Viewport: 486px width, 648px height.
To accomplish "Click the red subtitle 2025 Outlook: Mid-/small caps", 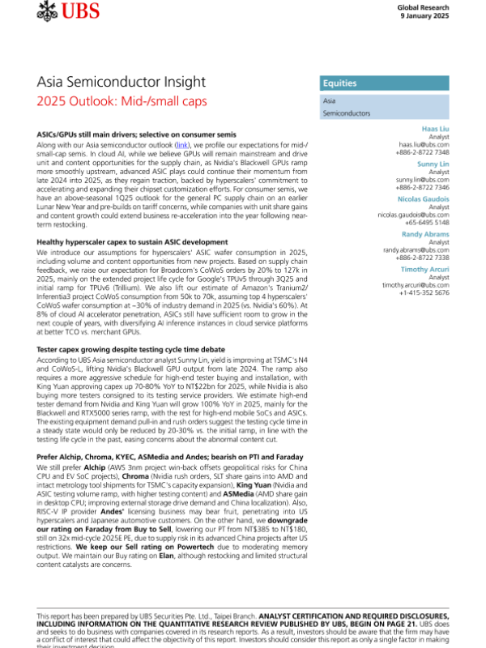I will pyautogui.click(x=122, y=101).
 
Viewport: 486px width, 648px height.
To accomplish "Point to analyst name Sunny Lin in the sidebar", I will pyautogui.click(x=435, y=163).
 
